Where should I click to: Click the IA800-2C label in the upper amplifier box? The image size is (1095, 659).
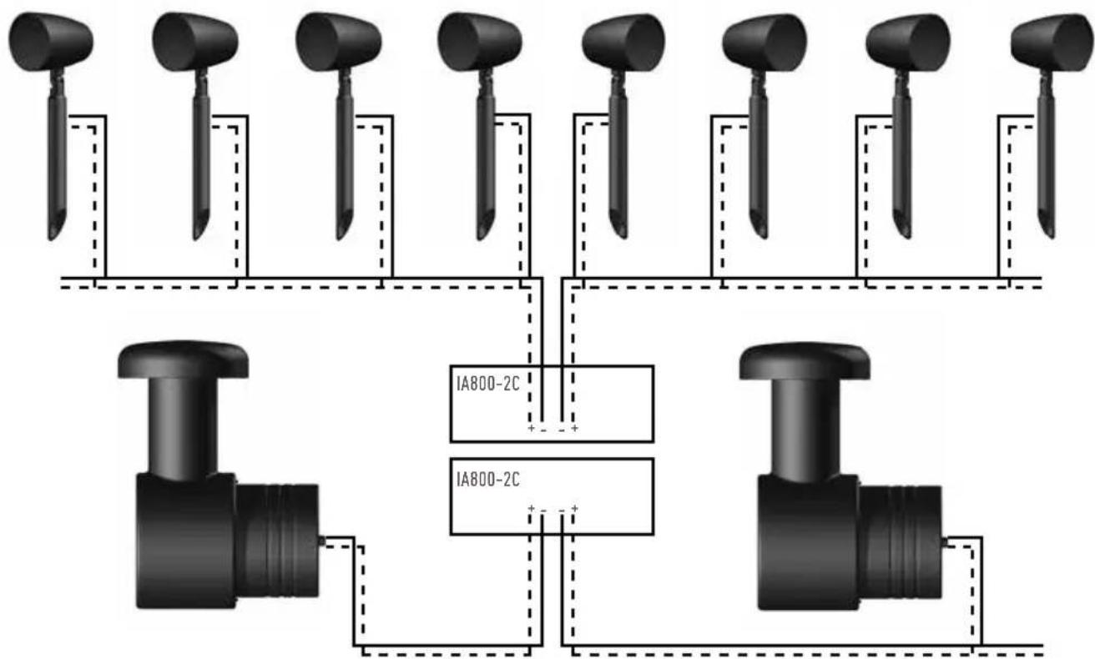click(488, 384)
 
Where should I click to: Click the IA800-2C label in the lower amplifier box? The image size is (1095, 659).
click(488, 479)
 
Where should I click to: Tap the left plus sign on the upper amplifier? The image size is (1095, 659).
click(532, 429)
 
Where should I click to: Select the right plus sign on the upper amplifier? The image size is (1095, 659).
click(575, 429)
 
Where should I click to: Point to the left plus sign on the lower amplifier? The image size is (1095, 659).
click(532, 509)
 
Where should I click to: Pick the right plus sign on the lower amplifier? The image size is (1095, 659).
click(575, 509)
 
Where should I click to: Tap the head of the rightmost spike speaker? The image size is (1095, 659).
click(1052, 42)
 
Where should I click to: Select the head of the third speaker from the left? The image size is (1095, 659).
click(338, 41)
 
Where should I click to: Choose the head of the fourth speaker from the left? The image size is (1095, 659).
click(480, 41)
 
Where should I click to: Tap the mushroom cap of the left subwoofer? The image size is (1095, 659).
click(183, 359)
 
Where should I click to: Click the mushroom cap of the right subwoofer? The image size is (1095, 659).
click(805, 360)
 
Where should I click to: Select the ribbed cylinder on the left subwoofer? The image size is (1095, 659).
click(277, 541)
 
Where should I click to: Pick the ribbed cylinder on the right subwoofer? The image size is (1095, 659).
click(900, 542)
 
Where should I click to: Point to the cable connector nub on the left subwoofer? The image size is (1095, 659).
click(322, 541)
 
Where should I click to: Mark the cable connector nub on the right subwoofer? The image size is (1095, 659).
click(945, 542)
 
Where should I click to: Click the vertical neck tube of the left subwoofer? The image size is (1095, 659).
click(183, 427)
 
